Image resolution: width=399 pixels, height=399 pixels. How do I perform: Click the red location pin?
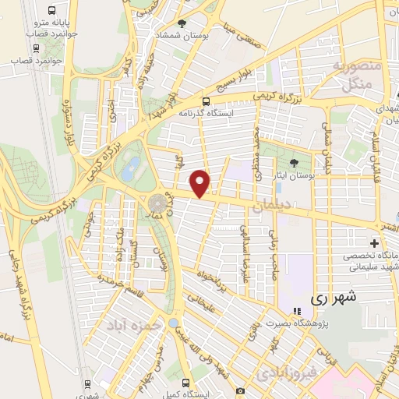[200, 182]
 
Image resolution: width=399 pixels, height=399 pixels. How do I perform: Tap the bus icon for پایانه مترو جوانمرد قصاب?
[51, 11]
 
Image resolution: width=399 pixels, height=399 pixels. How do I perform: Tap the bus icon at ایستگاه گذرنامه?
[206, 101]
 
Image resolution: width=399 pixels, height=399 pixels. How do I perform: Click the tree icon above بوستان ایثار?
[293, 163]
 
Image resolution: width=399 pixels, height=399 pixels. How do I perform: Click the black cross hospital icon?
[374, 244]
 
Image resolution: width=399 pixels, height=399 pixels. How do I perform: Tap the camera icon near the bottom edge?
[240, 389]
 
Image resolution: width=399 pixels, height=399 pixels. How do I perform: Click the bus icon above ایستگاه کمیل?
[185, 382]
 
